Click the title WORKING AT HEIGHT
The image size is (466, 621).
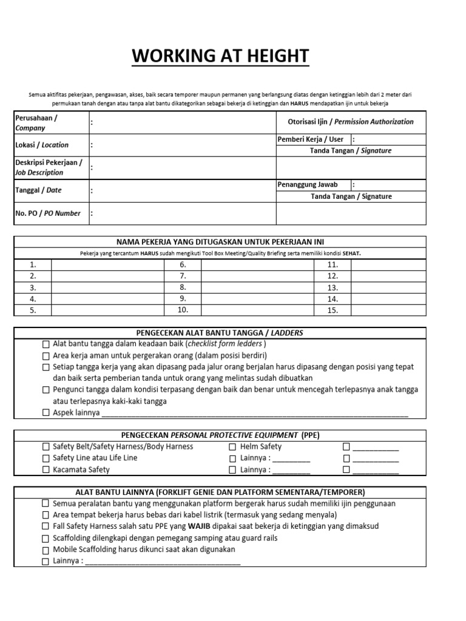[221, 56]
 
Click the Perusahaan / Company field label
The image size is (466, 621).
[36, 123]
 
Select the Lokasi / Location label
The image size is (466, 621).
[42, 145]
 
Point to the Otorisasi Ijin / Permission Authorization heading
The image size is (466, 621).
[350, 122]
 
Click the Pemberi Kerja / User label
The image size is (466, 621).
[310, 139]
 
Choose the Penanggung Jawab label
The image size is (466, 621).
[307, 184]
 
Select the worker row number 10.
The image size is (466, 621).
[183, 310]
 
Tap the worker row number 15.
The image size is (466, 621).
[332, 310]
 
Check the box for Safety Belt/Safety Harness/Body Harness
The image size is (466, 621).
[46, 447]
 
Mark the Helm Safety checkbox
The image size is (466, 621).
[232, 447]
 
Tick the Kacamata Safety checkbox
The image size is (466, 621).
[46, 470]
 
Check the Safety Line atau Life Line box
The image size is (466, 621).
[46, 458]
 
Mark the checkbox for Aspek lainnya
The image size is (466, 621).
[46, 413]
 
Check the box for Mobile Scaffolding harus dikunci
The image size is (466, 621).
[46, 550]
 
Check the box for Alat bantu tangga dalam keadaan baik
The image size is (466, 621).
[46, 344]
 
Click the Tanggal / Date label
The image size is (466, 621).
[38, 190]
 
